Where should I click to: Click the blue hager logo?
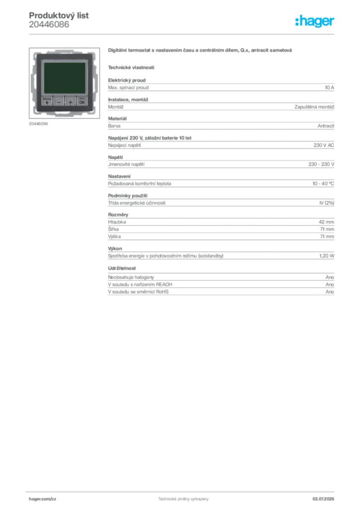coord(315,22)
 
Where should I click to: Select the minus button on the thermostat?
coord(59,101)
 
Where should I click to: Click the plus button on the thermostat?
coord(70,101)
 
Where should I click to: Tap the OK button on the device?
coord(82,101)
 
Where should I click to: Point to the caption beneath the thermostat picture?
coord(39,124)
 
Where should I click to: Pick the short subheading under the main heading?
coord(131,67)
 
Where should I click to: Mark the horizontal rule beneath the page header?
coord(182,34)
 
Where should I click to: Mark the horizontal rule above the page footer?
coord(182,490)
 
